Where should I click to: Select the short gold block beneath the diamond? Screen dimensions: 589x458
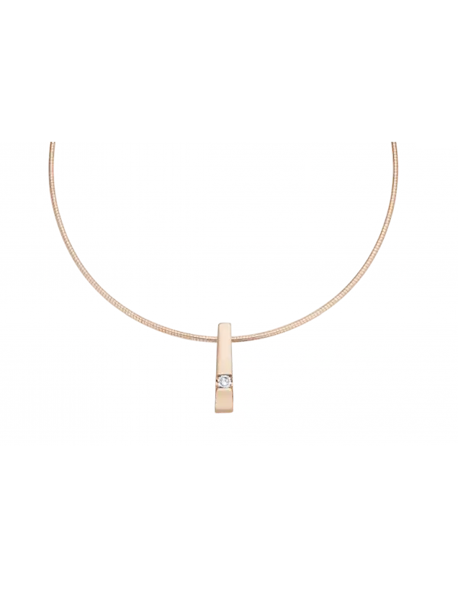point(224,401)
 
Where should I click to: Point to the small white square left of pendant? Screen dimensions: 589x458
point(126,321)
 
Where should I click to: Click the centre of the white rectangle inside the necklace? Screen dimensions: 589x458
point(207,192)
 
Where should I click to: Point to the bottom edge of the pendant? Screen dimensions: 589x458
point(224,414)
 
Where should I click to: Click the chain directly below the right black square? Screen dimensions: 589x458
point(266,333)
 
